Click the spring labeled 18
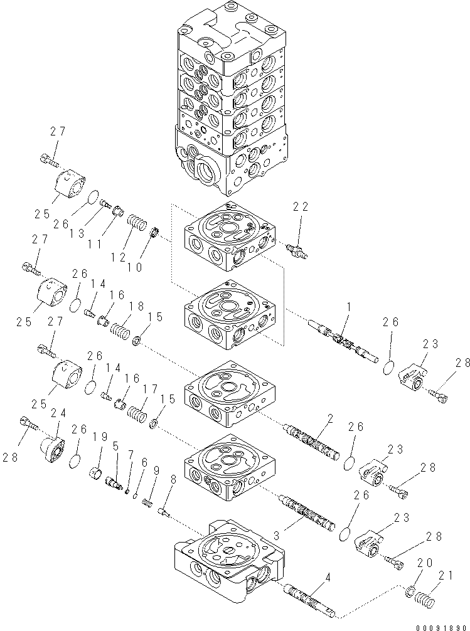(x=120, y=329)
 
